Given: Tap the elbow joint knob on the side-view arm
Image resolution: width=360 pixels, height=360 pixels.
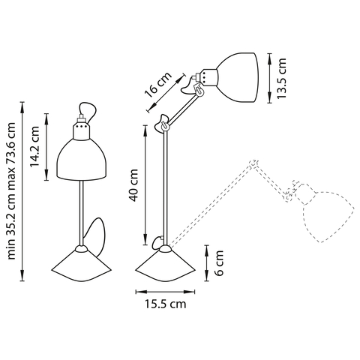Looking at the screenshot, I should (x=161, y=124).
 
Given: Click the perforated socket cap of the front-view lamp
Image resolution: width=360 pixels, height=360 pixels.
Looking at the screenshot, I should (x=79, y=132).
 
